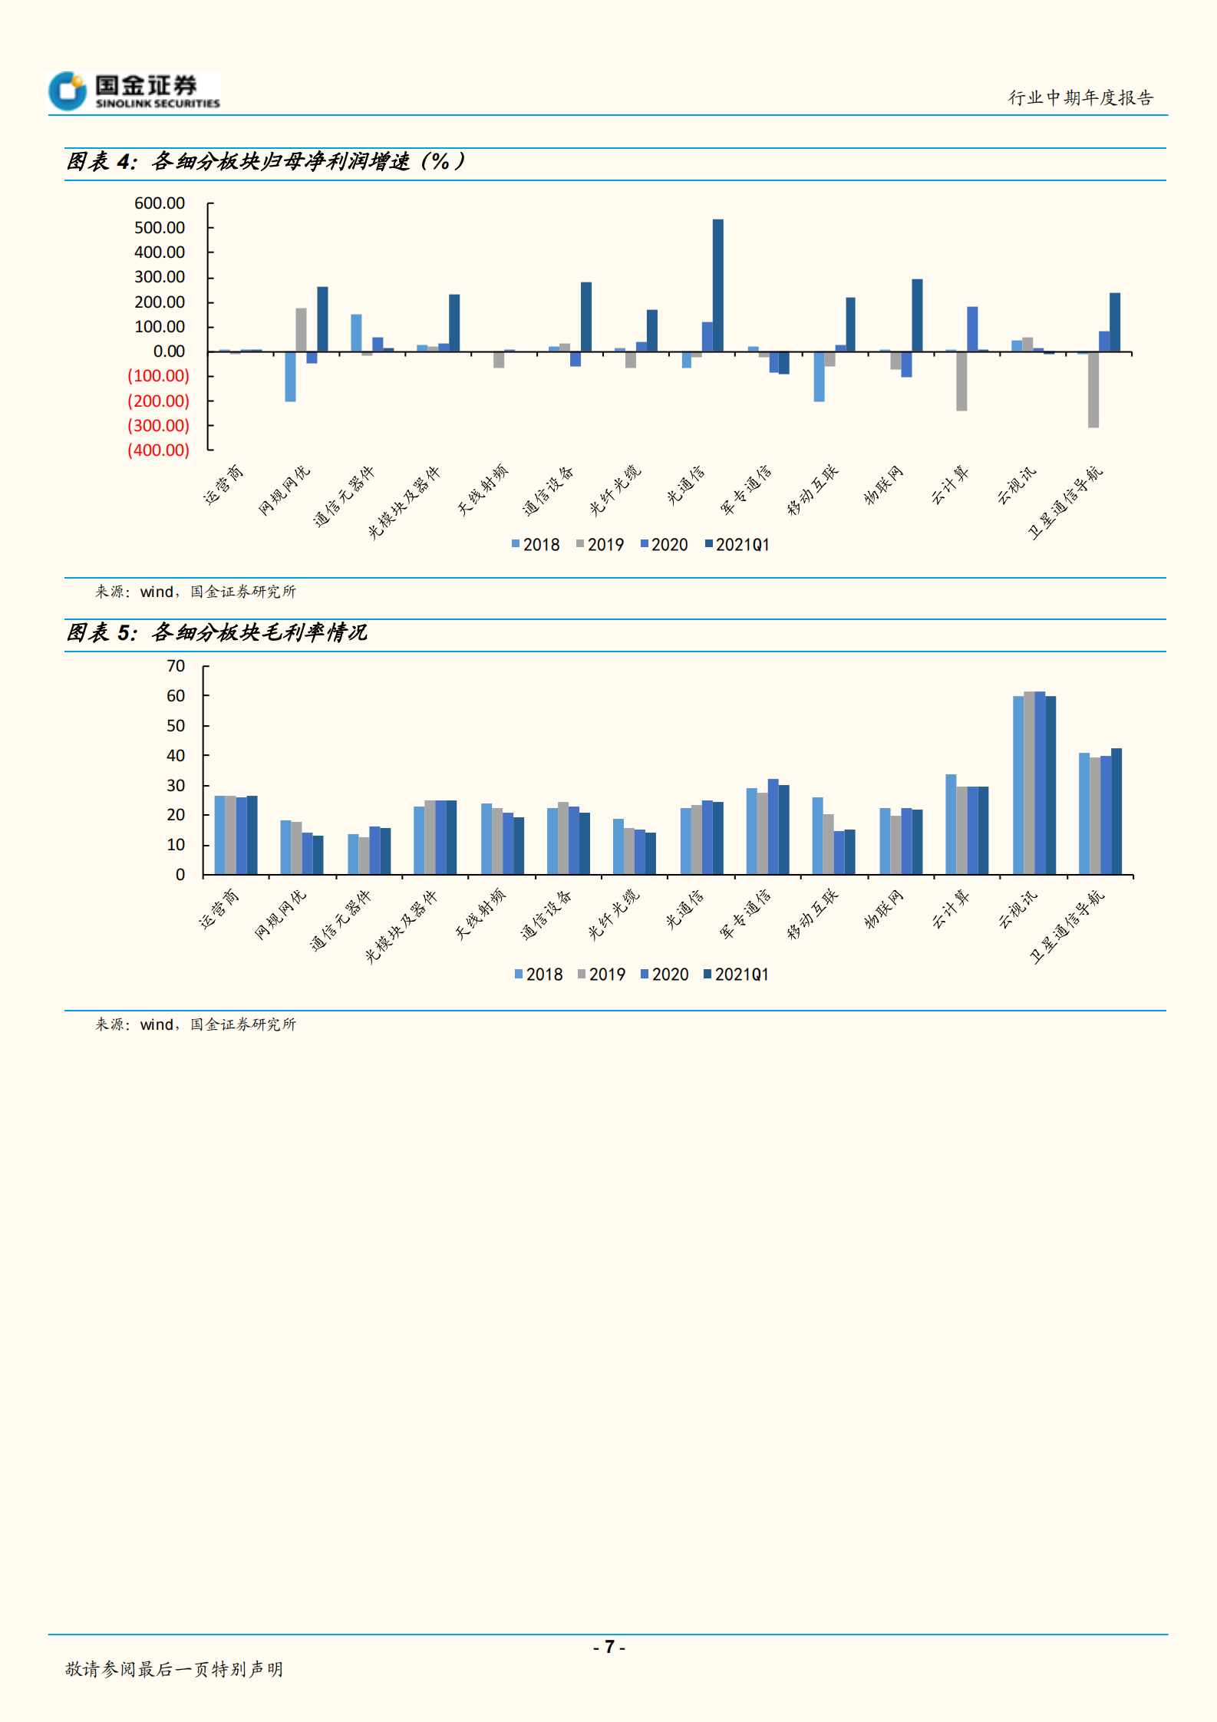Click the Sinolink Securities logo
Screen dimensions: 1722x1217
[134, 91]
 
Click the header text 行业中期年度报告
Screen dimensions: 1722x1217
[1080, 98]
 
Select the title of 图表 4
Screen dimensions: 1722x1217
[265, 162]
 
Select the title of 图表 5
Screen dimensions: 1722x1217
[217, 633]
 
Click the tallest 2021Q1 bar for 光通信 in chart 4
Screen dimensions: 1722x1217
[717, 285]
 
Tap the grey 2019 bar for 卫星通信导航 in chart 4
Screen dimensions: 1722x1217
[1093, 390]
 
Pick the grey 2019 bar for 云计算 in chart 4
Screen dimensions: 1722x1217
[961, 381]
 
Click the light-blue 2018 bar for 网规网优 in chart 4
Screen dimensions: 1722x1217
[290, 377]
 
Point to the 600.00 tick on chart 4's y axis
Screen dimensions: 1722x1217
[160, 203]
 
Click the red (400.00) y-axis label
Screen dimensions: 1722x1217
[158, 450]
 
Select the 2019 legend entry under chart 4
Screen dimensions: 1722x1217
[600, 545]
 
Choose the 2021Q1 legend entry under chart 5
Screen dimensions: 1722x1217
[736, 975]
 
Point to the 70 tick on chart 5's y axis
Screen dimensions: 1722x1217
[176, 666]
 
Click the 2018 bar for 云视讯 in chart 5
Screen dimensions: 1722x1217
[1018, 785]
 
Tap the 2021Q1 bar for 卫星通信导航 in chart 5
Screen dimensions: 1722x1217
[1116, 811]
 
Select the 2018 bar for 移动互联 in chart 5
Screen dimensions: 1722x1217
[817, 836]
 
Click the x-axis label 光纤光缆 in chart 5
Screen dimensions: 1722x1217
[613, 915]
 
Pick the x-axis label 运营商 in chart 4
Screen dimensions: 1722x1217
[223, 486]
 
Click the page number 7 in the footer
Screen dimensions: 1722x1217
[609, 1647]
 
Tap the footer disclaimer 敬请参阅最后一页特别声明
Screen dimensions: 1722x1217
[174, 1669]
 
